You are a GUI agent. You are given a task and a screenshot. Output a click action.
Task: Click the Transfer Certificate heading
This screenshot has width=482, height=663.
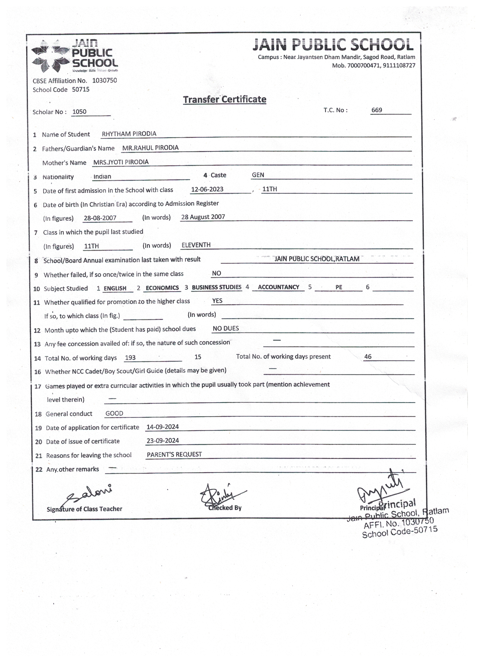[224, 99]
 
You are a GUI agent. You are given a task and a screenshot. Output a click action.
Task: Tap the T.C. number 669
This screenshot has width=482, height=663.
[377, 110]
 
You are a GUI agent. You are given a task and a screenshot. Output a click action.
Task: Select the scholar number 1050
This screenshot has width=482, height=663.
[80, 112]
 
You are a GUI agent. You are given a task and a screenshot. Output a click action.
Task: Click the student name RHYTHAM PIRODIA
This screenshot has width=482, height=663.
[129, 134]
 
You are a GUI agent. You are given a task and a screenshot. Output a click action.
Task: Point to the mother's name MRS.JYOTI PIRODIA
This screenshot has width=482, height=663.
[121, 162]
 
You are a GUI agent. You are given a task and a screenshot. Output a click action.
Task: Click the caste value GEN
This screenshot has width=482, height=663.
[258, 175]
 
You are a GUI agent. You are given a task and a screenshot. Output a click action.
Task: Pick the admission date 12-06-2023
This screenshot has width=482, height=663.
[207, 189]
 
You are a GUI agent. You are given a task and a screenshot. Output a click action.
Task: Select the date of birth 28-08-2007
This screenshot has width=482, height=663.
[100, 218]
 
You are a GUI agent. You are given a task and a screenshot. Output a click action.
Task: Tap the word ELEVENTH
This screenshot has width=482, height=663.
[196, 245]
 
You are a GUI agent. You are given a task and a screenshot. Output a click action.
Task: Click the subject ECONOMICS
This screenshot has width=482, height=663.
[162, 288]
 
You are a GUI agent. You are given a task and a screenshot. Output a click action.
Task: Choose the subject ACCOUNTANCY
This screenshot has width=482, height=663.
[278, 287]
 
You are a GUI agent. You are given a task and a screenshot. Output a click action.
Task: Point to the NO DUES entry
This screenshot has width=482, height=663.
[226, 328]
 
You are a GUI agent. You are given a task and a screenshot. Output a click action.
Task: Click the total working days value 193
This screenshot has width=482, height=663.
[130, 358]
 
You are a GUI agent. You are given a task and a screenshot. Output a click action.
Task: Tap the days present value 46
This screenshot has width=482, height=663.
[368, 357]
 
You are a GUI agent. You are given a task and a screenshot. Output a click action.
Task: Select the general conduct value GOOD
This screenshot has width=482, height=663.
[114, 413]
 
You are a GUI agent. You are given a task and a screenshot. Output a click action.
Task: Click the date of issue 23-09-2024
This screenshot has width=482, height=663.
[163, 441]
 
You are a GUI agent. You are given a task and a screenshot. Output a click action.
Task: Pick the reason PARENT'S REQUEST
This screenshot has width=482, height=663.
[174, 454]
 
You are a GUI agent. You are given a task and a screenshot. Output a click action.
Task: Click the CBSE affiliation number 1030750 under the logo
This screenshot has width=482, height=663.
[104, 80]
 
